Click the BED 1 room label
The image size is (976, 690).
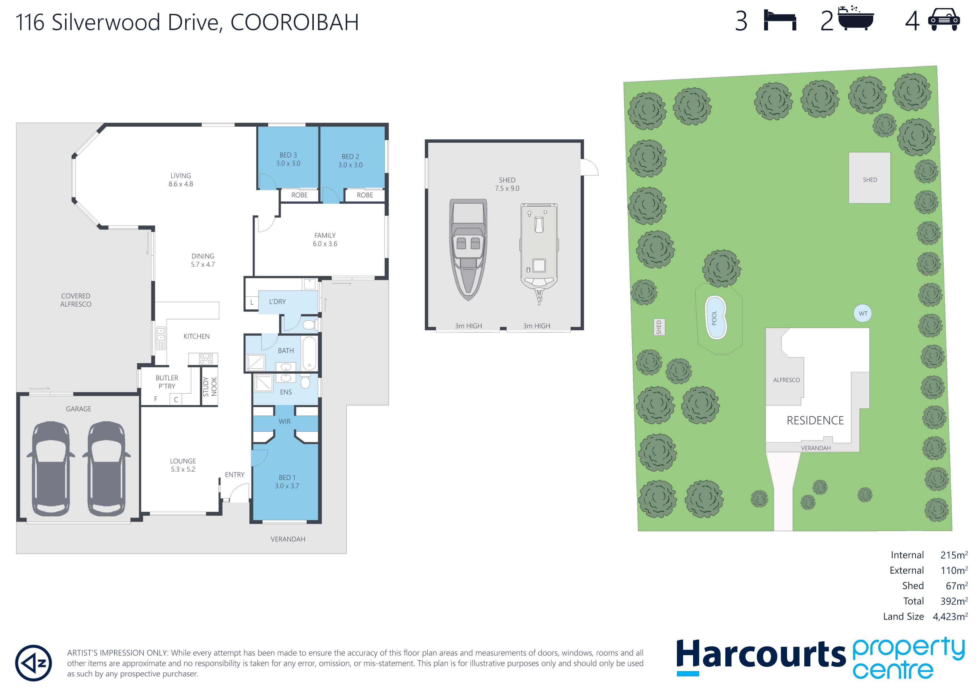click(287, 482)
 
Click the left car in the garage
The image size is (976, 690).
click(51, 469)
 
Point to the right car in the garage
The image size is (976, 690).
click(106, 469)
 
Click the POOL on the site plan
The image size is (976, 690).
click(716, 317)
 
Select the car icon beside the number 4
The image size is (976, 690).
click(944, 20)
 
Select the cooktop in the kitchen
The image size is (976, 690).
click(206, 359)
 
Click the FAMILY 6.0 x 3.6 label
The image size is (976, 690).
click(325, 239)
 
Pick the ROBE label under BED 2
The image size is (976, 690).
click(365, 195)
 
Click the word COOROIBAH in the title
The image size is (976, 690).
click(295, 22)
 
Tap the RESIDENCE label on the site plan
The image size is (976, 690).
click(815, 420)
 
